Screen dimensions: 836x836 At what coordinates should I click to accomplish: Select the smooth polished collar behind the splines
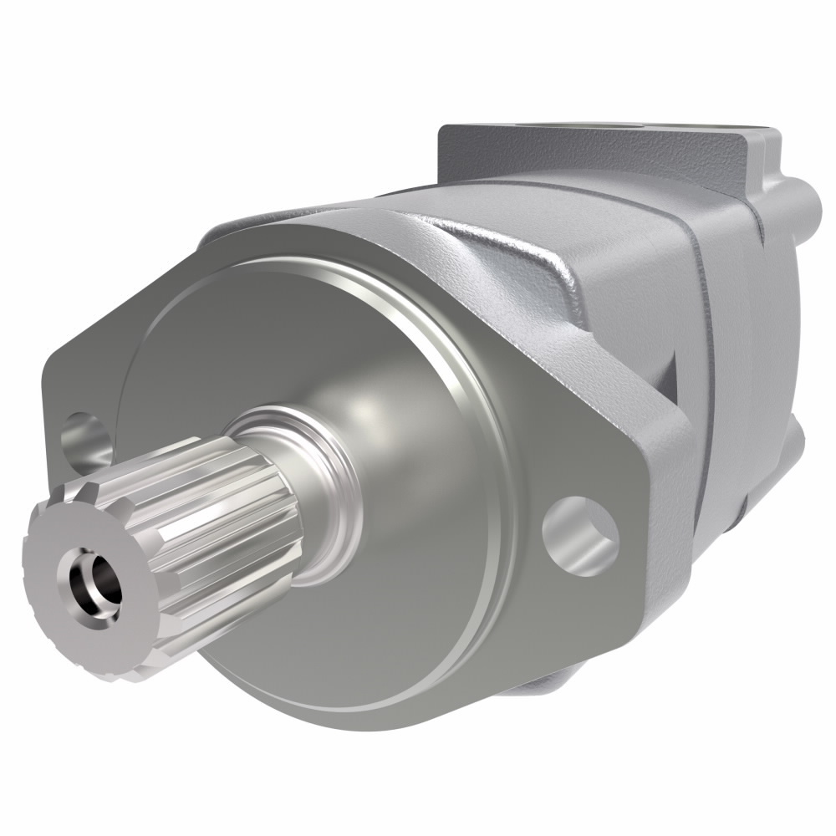coord(322,485)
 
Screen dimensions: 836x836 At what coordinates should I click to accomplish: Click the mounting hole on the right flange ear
coord(580,536)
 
